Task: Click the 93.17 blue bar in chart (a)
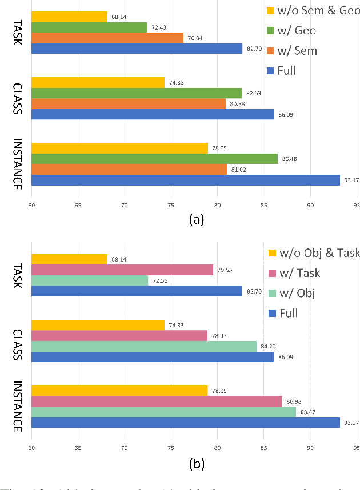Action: click(x=186, y=180)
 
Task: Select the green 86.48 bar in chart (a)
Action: click(x=154, y=159)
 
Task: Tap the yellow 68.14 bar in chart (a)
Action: click(x=69, y=17)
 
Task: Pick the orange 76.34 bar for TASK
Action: click(x=107, y=38)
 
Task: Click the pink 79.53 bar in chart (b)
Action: click(x=122, y=270)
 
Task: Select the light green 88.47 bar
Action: click(x=163, y=412)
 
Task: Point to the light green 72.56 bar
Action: click(x=90, y=280)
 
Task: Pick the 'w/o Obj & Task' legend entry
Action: click(x=309, y=252)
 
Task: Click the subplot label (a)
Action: click(x=196, y=219)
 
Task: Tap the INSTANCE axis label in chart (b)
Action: click(x=17, y=406)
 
